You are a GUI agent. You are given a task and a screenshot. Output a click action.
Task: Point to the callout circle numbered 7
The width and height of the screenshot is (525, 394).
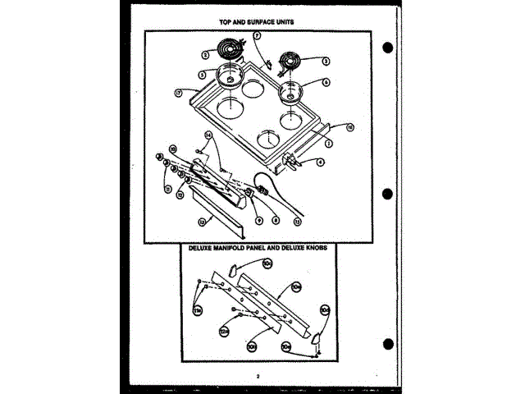pos(256,36)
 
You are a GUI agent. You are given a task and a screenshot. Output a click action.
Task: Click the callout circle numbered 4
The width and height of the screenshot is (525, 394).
pos(321,163)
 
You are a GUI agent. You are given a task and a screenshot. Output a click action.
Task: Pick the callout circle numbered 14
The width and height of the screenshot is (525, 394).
pos(208,134)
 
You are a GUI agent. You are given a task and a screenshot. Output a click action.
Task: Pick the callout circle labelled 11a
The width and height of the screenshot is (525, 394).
pos(197,310)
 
